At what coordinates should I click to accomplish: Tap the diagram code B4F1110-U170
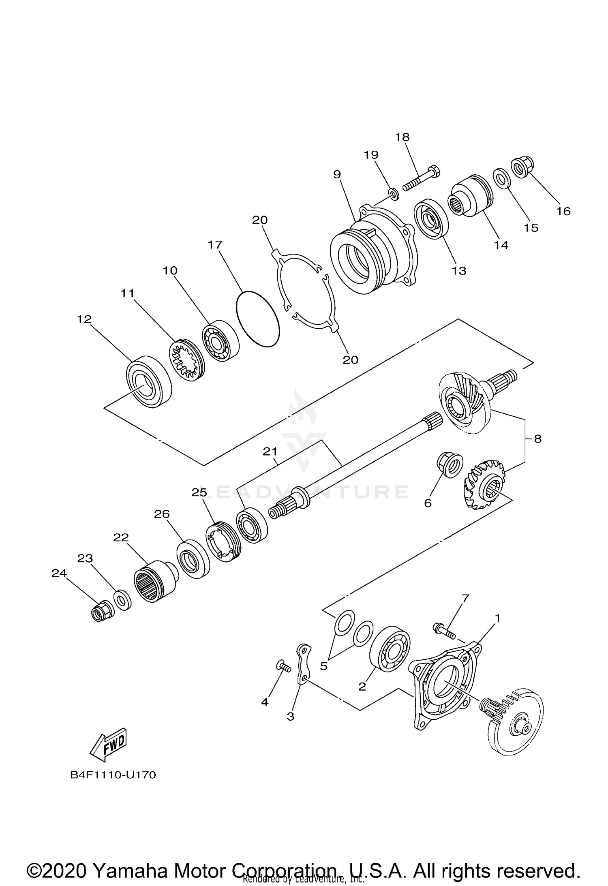pos(113,775)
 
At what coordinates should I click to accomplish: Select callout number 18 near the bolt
pos(402,137)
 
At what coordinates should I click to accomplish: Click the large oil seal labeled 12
pos(149,381)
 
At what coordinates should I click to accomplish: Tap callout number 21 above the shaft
pos(270,452)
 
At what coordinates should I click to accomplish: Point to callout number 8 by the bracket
pos(537,439)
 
